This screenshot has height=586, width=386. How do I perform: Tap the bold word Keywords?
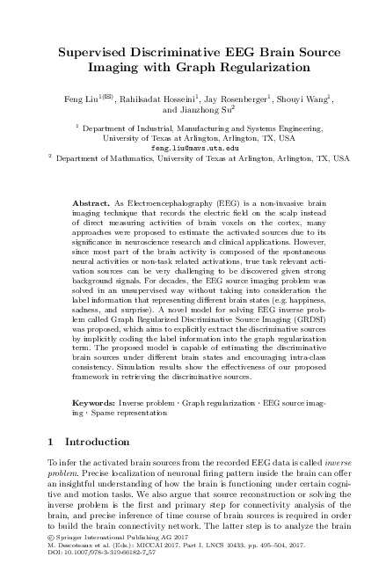[x=93, y=401]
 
